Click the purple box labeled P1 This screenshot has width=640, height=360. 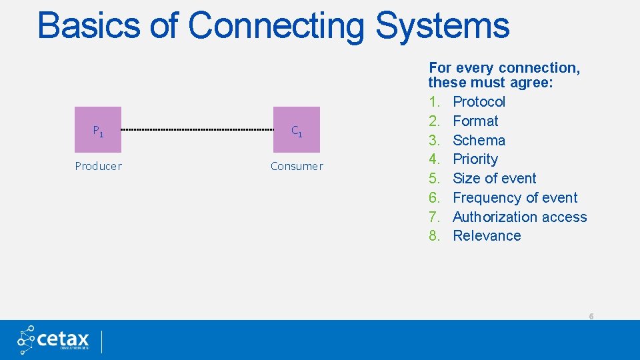tap(98, 130)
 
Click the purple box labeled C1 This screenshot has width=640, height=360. tap(297, 130)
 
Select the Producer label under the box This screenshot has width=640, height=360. tap(98, 166)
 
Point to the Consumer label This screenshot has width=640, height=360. tap(297, 166)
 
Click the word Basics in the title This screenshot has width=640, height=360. tap(89, 26)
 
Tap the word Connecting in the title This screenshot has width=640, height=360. tap(276, 26)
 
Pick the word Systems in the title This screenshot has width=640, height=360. tap(442, 26)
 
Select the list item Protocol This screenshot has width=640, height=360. tap(479, 102)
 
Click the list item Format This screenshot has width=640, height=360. tap(475, 121)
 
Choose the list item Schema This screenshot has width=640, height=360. tap(479, 141)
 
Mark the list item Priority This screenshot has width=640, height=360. tap(475, 159)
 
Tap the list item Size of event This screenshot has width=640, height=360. tap(494, 179)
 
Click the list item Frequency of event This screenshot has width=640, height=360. tap(515, 198)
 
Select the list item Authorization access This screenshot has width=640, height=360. tap(519, 217)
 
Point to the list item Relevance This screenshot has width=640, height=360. tap(487, 236)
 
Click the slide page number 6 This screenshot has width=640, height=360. tap(591, 316)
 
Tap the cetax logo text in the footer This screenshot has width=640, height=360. tap(64, 338)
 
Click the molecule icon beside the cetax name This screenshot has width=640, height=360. tap(27, 339)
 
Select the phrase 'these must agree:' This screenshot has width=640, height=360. tap(491, 83)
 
